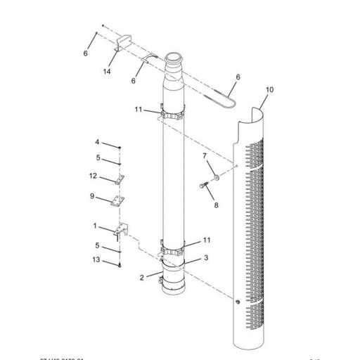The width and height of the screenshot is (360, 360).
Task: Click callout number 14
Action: pyautogui.click(x=108, y=72)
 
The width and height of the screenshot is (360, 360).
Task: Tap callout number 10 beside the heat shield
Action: pyautogui.click(x=270, y=91)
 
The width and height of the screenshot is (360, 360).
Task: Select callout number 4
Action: pyautogui.click(x=98, y=143)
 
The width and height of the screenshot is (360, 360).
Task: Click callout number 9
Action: pyautogui.click(x=92, y=196)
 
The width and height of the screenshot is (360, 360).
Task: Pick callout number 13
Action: pyautogui.click(x=96, y=259)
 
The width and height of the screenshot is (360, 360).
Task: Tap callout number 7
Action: pyautogui.click(x=205, y=156)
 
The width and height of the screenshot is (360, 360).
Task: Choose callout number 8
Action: pyautogui.click(x=217, y=206)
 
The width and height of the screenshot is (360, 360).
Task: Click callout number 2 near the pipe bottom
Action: pyautogui.click(x=143, y=277)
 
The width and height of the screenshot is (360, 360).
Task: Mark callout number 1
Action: pyautogui.click(x=96, y=226)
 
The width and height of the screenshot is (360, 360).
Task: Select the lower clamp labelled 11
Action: pyautogui.click(x=173, y=248)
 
